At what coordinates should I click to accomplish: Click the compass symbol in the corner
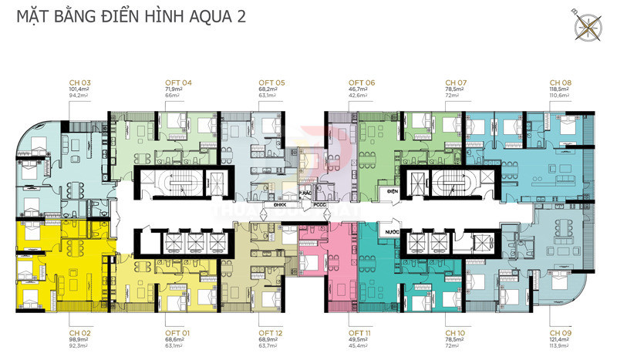pos(588,23)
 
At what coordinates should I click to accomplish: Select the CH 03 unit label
pos(80,82)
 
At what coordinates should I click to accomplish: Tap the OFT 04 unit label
pos(178,82)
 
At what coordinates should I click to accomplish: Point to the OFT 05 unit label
pos(271,82)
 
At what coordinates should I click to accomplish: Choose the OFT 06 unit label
pos(361,82)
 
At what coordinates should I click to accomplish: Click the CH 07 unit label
pos(457,82)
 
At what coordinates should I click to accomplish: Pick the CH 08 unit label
pos(560,82)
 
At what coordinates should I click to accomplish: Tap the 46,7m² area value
pos(359,90)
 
